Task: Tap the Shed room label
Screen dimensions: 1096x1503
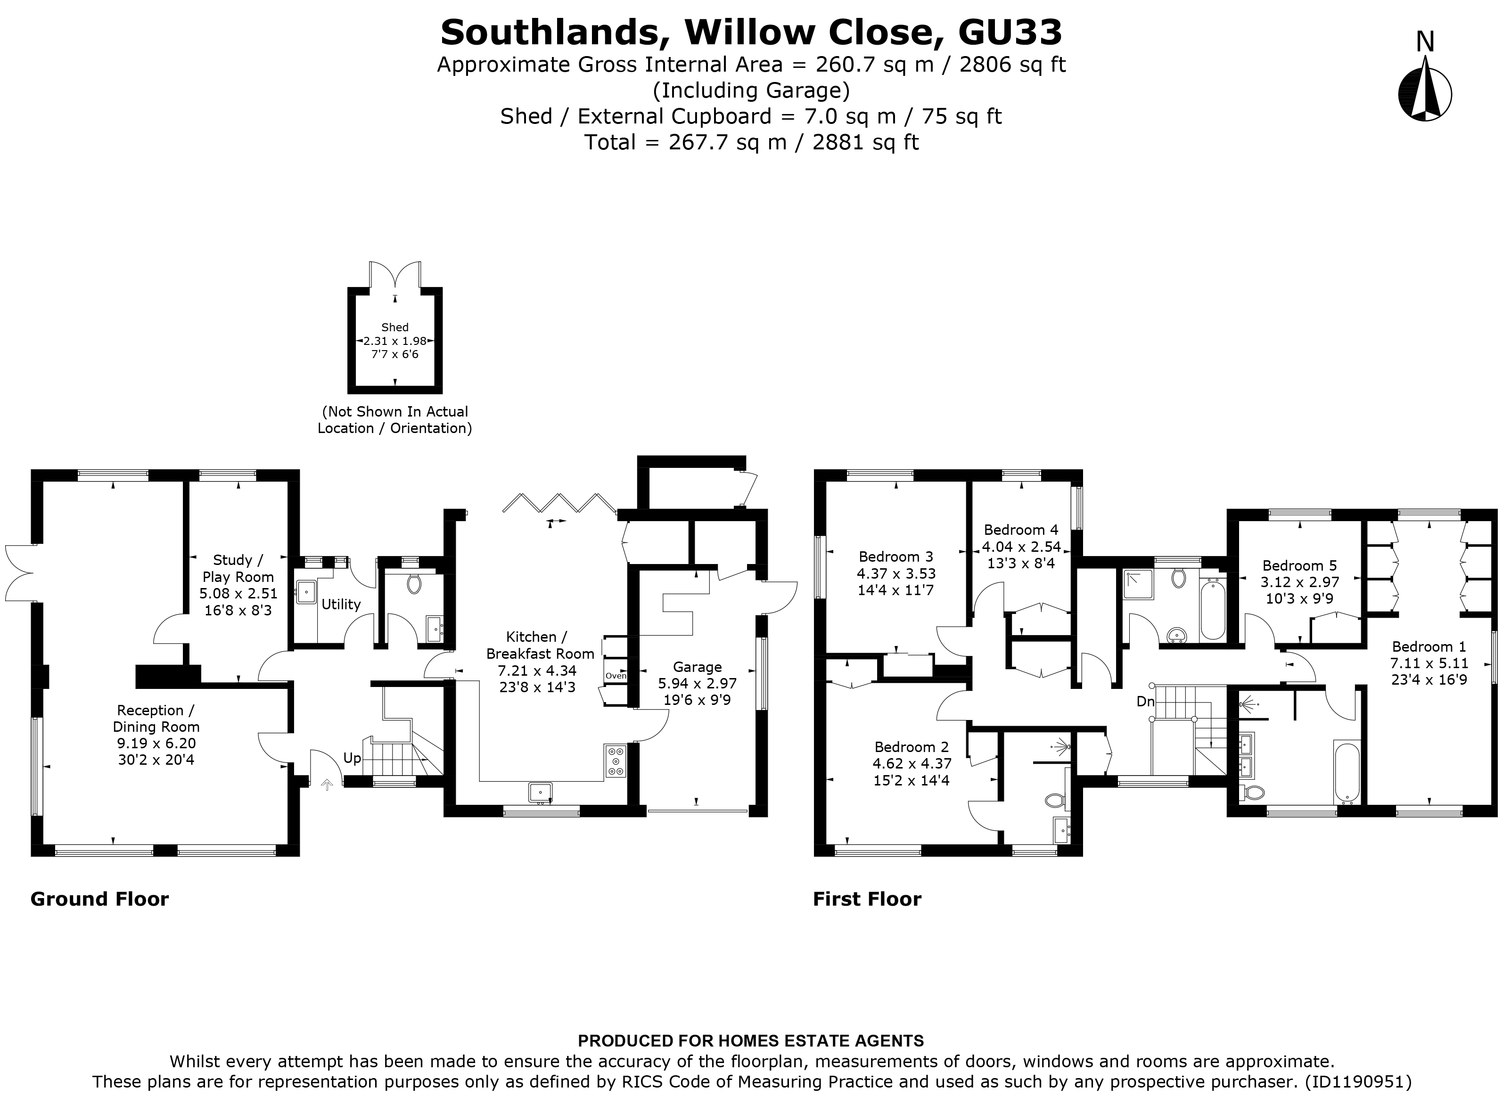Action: coord(395,327)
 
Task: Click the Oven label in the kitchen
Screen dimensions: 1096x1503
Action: coord(615,676)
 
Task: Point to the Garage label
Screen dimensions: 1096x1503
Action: coord(697,667)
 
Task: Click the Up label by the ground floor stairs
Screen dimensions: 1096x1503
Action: coord(352,758)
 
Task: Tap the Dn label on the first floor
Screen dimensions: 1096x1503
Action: coord(1145,701)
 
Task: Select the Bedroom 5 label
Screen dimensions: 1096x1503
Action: coord(1299,565)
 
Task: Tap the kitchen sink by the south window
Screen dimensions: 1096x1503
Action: coord(541,792)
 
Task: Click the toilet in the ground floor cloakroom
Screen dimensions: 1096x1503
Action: coord(415,584)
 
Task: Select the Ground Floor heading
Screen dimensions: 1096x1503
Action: coord(99,899)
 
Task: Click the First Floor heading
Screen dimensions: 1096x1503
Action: coord(867,899)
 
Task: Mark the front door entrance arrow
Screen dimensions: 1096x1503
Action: coord(327,785)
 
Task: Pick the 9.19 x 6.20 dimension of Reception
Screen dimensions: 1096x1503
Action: coord(156,743)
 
